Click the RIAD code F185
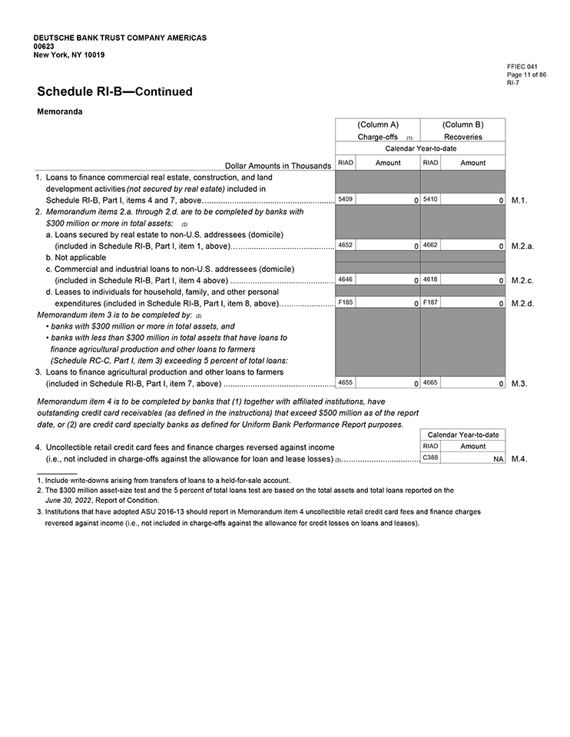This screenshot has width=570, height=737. click(x=346, y=303)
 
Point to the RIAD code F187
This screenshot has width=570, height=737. click(x=429, y=303)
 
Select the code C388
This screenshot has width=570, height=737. click(x=430, y=458)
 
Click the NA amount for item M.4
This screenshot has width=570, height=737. click(x=498, y=458)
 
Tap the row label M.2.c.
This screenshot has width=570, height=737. click(x=522, y=281)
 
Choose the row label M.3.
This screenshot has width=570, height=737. click(x=519, y=383)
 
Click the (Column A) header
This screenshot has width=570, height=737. click(x=378, y=124)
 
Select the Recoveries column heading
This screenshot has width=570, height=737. click(x=462, y=137)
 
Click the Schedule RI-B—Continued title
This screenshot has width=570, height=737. click(x=114, y=92)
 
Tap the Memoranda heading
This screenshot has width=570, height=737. click(x=60, y=111)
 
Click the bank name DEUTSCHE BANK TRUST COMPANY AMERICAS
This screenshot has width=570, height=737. click(x=120, y=38)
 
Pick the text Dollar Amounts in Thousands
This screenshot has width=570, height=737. click(x=277, y=165)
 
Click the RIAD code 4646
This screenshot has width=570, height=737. click(x=346, y=280)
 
